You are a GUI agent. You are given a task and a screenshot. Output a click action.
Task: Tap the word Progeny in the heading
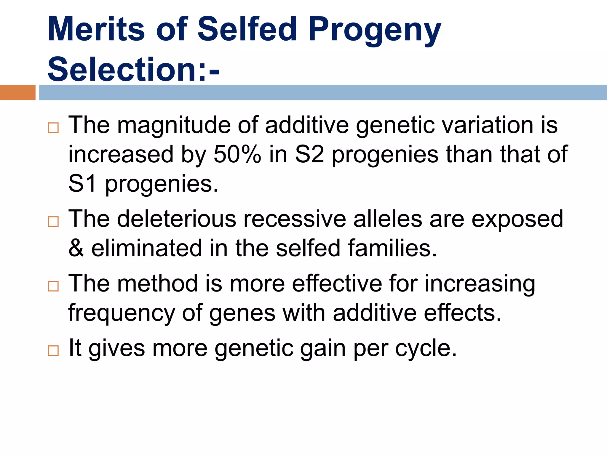(375, 30)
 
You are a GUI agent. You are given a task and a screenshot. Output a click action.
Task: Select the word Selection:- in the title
(133, 69)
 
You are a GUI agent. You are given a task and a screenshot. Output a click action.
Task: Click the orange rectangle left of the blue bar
(17, 92)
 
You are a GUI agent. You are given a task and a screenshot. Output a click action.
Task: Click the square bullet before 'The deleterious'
(53, 221)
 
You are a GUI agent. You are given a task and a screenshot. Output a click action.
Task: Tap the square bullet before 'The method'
(53, 286)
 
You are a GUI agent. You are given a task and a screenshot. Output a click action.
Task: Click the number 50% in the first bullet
(237, 155)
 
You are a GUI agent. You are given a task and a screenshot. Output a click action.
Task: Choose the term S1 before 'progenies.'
(82, 184)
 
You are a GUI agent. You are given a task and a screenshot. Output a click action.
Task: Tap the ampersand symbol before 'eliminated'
(76, 248)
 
